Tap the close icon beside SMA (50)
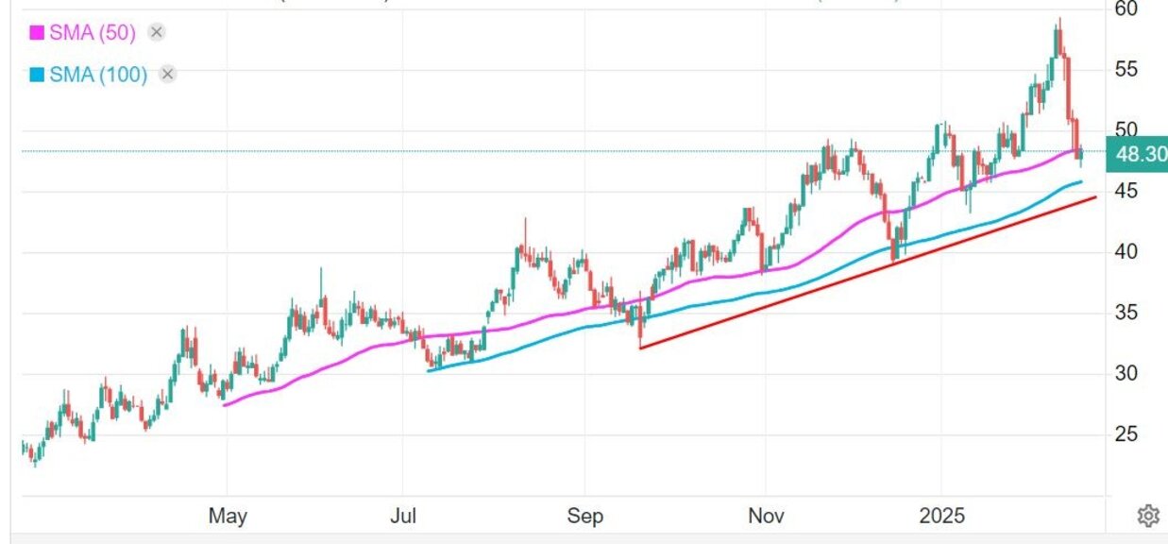pyautogui.click(x=157, y=33)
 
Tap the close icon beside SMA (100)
pyautogui.click(x=167, y=75)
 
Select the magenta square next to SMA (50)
pyautogui.click(x=37, y=33)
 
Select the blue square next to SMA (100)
pyautogui.click(x=37, y=75)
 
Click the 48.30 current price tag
pyautogui.click(x=1141, y=153)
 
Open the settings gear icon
pyautogui.click(x=1148, y=516)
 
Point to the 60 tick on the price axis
pyautogui.click(x=1126, y=8)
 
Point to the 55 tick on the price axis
pyautogui.click(x=1126, y=70)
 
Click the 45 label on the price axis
pyautogui.click(x=1126, y=192)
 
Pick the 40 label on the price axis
pyautogui.click(x=1126, y=252)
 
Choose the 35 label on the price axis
pyautogui.click(x=1126, y=314)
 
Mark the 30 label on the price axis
pyautogui.click(x=1126, y=374)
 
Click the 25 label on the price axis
pyautogui.click(x=1126, y=435)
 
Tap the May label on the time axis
pyautogui.click(x=228, y=516)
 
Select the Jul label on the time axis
pyautogui.click(x=403, y=516)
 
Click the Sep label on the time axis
pyautogui.click(x=584, y=516)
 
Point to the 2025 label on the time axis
pyautogui.click(x=943, y=516)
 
